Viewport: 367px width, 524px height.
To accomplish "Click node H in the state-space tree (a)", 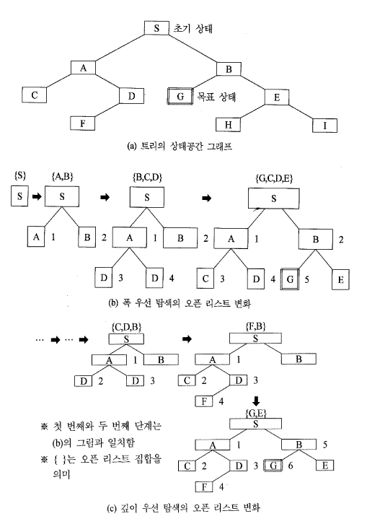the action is [x=228, y=125].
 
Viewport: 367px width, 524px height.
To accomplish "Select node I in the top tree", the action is [x=324, y=126].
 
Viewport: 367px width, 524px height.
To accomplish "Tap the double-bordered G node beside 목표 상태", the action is [x=180, y=97].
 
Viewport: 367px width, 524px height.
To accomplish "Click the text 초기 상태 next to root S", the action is [x=193, y=28].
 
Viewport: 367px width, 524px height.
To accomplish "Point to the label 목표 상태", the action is [x=216, y=97].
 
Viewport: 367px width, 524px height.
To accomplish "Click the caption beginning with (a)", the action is [x=180, y=147].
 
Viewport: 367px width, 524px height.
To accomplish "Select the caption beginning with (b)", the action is [x=180, y=303].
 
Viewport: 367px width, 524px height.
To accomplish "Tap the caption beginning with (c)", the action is [x=183, y=508].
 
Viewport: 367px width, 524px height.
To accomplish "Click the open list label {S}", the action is [x=20, y=175].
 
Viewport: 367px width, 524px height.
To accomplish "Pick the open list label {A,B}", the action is [x=63, y=176].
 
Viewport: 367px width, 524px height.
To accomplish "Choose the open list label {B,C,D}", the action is [x=147, y=177].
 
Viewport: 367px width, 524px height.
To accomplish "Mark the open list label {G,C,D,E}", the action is [x=274, y=178].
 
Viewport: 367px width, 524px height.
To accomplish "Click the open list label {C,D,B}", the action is [x=126, y=327].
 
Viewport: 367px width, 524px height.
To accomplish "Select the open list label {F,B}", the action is [x=255, y=326].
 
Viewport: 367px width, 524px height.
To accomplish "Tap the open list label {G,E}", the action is [x=256, y=414].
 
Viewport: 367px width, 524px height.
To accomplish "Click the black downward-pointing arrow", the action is [x=256, y=401].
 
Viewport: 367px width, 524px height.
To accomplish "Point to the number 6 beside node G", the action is [x=290, y=466].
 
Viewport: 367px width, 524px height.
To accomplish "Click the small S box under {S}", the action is [x=19, y=196].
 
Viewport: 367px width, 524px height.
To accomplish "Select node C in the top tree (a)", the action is [x=35, y=95].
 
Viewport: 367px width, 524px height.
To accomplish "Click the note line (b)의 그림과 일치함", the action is [x=93, y=442].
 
